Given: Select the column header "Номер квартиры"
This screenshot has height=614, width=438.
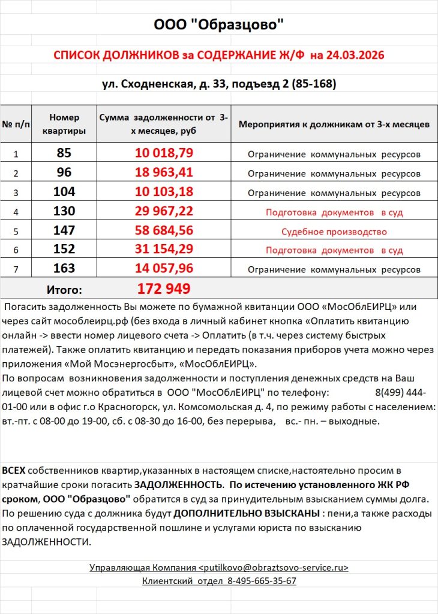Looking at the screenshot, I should tap(64, 124).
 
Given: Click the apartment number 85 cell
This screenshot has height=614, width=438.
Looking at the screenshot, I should tap(64, 153).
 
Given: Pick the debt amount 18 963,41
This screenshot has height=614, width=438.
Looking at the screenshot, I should tap(164, 173).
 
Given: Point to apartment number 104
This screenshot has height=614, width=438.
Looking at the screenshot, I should tap(64, 192).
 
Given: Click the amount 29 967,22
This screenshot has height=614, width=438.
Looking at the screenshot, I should tap(164, 211).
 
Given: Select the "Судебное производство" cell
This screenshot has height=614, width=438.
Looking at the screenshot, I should tap(334, 231).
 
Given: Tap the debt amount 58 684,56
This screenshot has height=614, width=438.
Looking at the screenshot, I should tap(164, 231).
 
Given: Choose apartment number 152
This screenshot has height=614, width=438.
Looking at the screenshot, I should tap(64, 250).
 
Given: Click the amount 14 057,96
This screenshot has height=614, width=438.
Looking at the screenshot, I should tap(164, 269).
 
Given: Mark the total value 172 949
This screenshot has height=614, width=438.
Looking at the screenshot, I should tap(164, 289).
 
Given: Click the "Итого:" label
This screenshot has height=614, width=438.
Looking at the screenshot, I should tap(64, 290).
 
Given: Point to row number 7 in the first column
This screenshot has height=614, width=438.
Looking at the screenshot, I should tap(16, 270).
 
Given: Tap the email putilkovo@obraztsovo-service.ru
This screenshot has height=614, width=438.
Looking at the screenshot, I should tap(273, 567).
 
